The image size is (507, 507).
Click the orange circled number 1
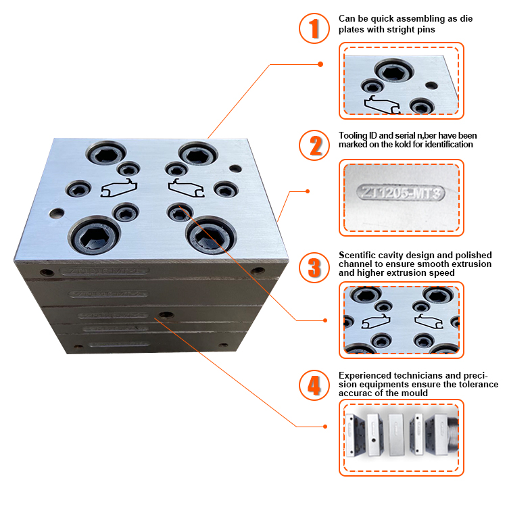coord(314,28)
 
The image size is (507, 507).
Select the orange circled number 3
coord(314,266)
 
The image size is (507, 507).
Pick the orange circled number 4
coord(314,385)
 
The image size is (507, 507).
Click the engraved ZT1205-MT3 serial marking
coord(402,193)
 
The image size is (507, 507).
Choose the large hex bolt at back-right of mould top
coord(195,155)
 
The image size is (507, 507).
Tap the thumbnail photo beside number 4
coord(402,436)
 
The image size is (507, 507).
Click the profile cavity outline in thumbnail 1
coord(382,105)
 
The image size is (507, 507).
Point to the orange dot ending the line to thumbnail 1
coord(320,64)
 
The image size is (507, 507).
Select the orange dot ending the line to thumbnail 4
coord(325,427)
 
